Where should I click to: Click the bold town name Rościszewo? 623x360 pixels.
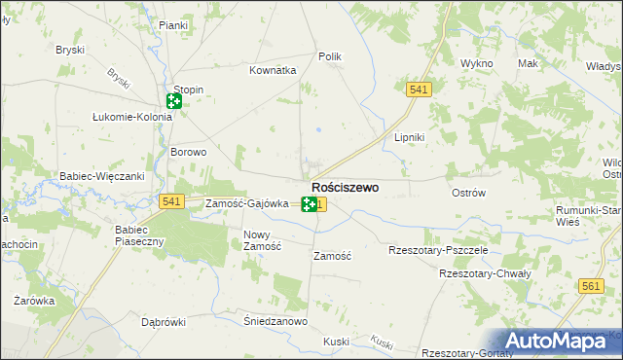pos(345,186)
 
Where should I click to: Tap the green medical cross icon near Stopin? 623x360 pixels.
pos(174,101)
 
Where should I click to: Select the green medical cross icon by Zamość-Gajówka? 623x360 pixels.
pos(309,204)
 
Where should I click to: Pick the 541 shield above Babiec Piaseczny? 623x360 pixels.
pos(171,200)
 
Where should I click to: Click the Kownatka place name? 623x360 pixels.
pos(272,70)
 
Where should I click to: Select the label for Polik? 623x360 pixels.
pos(330,57)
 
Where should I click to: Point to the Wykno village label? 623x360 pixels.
pos(477,63)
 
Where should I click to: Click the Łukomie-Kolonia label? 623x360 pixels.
pos(131,117)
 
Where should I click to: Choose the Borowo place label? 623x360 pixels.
pos(189,152)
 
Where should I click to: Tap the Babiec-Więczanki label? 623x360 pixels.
pos(101,176)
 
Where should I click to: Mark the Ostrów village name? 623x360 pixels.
pos(469,193)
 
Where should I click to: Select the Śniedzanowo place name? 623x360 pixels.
pos(275,321)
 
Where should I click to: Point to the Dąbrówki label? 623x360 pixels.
pos(163,321)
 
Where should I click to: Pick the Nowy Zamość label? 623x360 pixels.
pos(262,240)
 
